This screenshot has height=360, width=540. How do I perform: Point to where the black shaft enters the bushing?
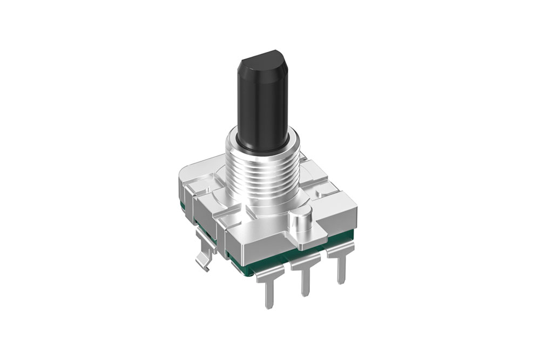click(x=262, y=145)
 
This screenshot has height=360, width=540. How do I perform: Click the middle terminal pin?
click(x=306, y=278)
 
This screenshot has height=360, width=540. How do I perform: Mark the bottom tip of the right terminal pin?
click(x=341, y=282)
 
